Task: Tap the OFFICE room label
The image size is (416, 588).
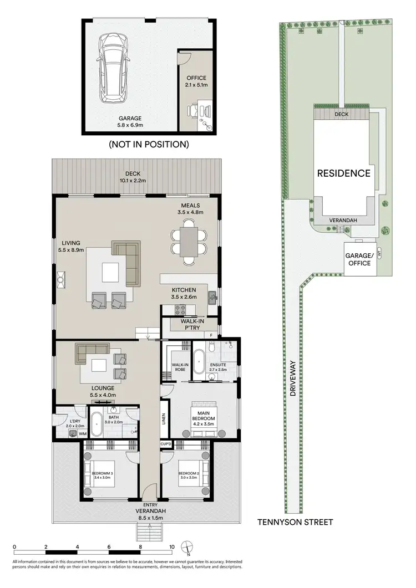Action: coord(195,78)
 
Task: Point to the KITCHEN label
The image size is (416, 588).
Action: coord(184,290)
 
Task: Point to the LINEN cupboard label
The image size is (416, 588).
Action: coord(163,420)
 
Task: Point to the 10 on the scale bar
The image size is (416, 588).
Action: coord(172,546)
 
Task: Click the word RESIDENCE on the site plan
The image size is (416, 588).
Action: coord(343,173)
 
